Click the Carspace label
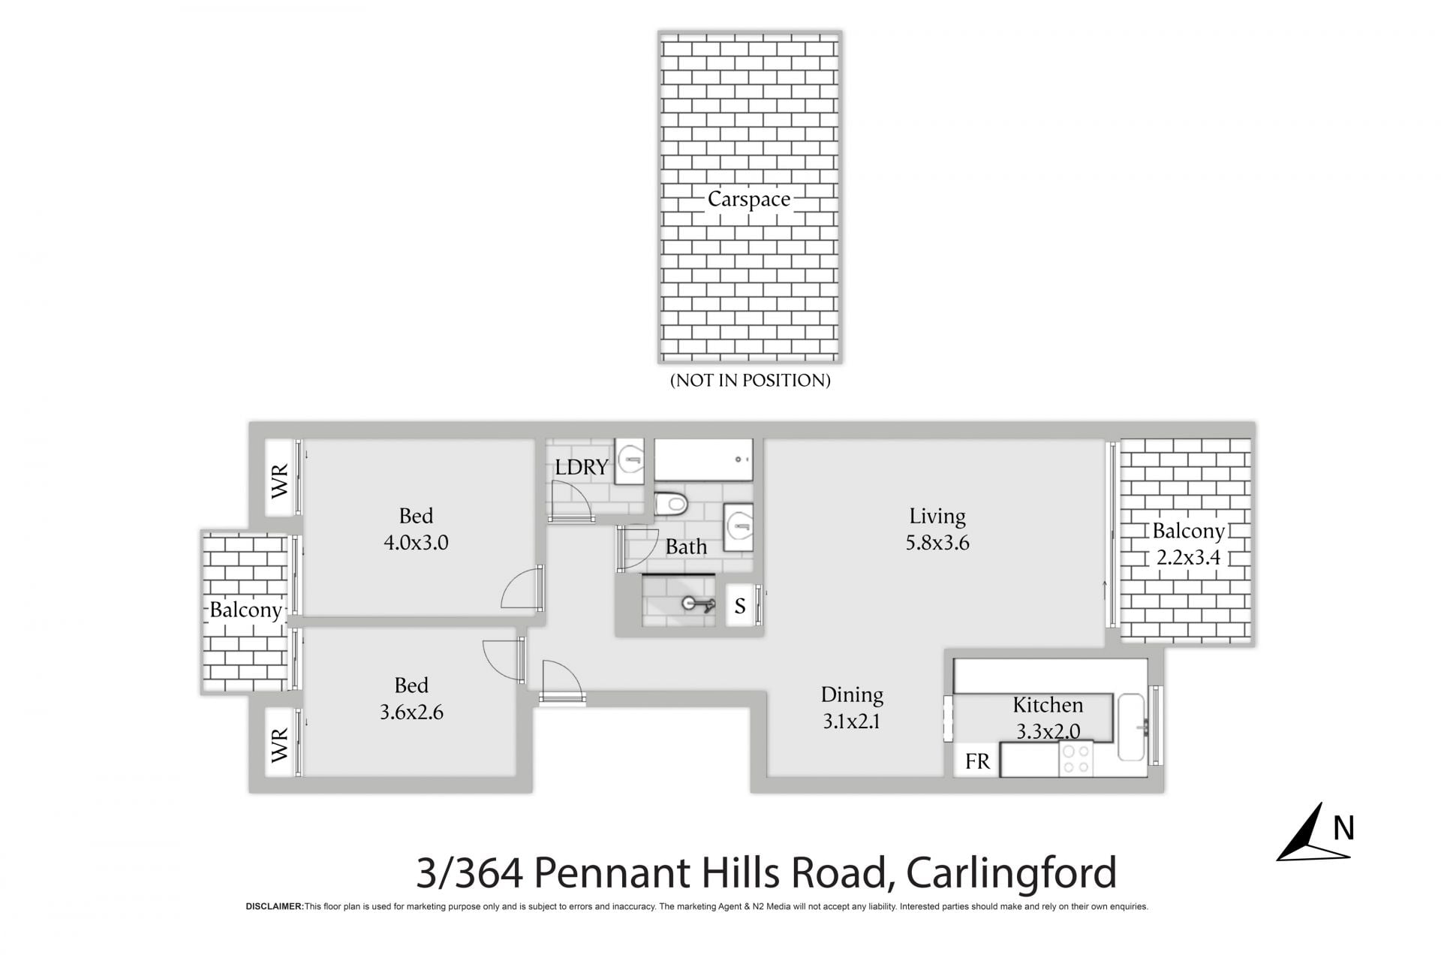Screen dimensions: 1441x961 click(x=749, y=199)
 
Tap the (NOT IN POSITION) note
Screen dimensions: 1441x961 click(x=751, y=381)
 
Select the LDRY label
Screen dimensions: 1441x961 click(x=582, y=467)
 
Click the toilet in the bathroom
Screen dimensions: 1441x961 click(x=670, y=504)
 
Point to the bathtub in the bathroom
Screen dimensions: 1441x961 click(x=703, y=459)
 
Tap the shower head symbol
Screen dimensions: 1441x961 click(x=698, y=604)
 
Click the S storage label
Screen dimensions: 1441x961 click(x=740, y=606)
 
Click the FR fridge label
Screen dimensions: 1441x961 click(x=977, y=761)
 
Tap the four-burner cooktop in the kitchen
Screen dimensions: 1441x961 click(x=1076, y=758)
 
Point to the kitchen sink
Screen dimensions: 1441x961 click(x=1131, y=727)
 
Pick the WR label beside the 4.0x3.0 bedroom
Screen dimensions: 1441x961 click(x=279, y=481)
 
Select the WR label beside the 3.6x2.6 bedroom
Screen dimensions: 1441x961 click(x=279, y=745)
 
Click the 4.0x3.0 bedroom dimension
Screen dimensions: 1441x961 click(x=416, y=543)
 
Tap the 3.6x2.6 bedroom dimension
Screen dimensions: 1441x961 click(x=411, y=712)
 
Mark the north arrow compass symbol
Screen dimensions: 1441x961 click(x=1314, y=832)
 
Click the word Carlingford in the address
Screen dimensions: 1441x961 click(x=1012, y=873)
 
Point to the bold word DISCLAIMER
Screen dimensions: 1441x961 click(x=275, y=907)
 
